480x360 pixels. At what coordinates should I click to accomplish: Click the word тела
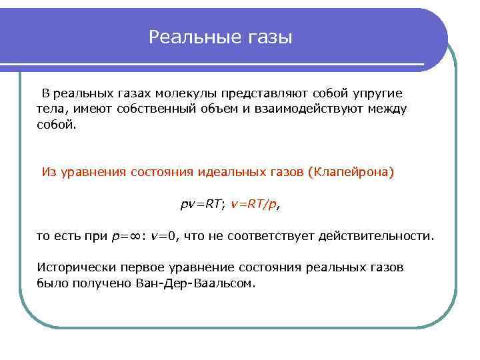(50, 109)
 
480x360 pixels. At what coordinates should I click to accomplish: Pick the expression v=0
(163, 236)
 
